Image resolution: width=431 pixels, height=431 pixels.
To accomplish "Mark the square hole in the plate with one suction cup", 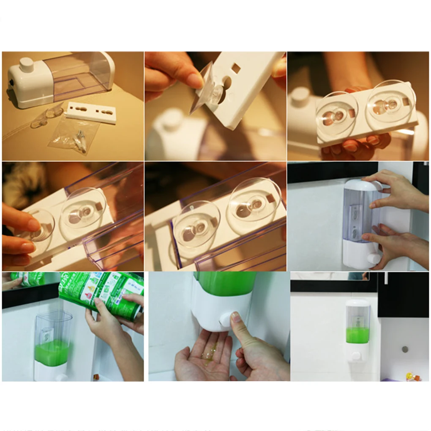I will tap(236, 68).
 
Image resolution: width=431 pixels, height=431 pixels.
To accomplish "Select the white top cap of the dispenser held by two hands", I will tap(362, 185).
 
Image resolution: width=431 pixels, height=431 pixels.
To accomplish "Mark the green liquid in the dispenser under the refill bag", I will tap(52, 352).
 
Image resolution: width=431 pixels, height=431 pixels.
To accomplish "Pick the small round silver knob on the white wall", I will tap(404, 349).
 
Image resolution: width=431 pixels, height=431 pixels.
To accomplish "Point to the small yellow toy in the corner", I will tap(410, 376).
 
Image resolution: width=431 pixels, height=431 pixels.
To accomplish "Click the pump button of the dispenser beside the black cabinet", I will tap(356, 355).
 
